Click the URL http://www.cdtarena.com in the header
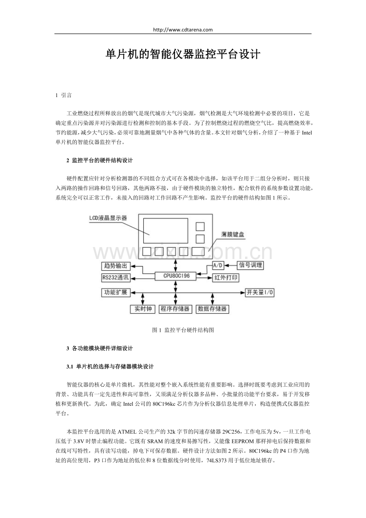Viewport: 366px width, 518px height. pos(183,29)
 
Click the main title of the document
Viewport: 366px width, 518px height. pos(183,55)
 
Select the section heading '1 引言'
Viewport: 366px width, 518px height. pos(64,95)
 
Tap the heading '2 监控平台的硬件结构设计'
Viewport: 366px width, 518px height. pos(99,160)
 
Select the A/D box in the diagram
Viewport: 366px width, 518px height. pos(218,265)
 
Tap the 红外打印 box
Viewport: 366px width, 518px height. pos(226,278)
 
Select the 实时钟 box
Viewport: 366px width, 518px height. pos(142,309)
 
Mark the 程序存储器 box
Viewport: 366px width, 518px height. pos(175,309)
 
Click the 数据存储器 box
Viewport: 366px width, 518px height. pos(212,309)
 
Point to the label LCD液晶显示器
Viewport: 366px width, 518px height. pos(108,218)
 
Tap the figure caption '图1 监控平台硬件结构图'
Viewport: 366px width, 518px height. pos(183,330)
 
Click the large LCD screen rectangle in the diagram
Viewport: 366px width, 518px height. pos(166,230)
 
